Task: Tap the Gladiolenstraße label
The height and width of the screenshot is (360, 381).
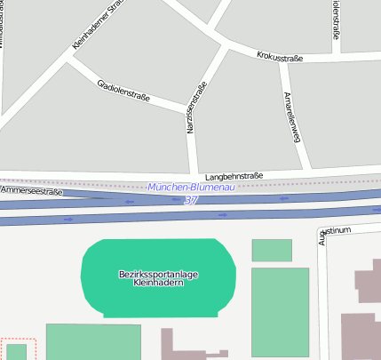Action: point(123,90)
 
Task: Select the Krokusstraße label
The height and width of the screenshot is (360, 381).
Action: point(280,58)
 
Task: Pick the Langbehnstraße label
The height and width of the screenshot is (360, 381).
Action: point(234,176)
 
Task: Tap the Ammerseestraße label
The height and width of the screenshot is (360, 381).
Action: point(33,190)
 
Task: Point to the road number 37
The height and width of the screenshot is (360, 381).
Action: point(191,201)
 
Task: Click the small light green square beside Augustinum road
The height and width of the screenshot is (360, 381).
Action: point(272,250)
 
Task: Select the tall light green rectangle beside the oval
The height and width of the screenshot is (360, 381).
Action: point(280,311)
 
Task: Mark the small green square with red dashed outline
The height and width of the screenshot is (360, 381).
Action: point(16,350)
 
